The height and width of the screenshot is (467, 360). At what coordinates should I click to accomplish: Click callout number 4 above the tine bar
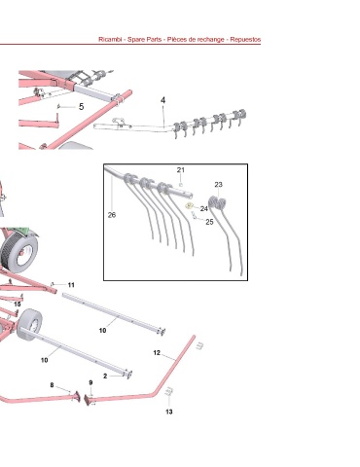tap(162, 100)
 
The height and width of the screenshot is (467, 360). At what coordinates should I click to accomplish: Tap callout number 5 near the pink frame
tap(82, 106)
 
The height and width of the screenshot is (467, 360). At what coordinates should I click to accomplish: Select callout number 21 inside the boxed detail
tap(181, 169)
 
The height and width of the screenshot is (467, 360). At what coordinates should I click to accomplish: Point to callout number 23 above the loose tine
tap(218, 184)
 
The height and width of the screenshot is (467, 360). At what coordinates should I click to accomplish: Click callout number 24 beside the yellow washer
tap(203, 208)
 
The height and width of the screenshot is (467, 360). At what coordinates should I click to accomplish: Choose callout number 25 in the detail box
tap(209, 222)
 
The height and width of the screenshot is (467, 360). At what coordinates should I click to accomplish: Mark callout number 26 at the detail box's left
tap(112, 215)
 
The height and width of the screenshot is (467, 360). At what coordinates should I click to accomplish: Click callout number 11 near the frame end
tap(71, 285)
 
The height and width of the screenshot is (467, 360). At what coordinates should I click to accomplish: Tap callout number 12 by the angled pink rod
tap(157, 352)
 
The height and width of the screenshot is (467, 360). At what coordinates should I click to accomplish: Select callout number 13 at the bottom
tap(169, 412)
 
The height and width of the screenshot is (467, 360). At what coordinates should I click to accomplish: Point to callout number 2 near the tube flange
tap(105, 376)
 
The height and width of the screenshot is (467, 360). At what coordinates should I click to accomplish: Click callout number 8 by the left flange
tap(52, 385)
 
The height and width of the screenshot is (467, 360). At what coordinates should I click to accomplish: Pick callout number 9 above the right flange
tap(90, 382)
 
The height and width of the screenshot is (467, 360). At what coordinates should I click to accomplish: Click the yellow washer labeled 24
tap(189, 205)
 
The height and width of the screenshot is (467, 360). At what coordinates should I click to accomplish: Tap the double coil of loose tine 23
tap(217, 202)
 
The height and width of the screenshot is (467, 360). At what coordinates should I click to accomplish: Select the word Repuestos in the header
tap(245, 40)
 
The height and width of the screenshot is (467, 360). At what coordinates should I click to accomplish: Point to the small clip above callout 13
tap(168, 392)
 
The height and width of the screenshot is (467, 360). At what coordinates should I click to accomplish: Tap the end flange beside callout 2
tap(128, 374)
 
